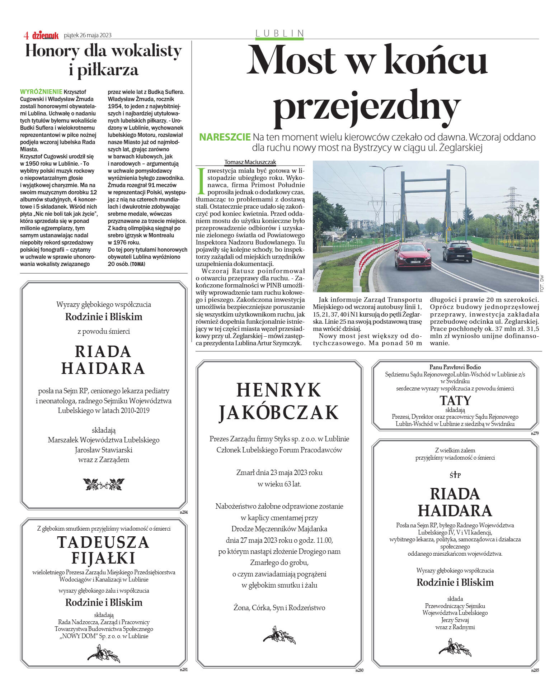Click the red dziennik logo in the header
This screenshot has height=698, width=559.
(45, 35)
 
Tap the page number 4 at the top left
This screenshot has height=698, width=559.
(26, 35)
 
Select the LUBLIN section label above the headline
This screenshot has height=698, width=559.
(279, 33)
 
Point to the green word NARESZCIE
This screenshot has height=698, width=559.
(225, 137)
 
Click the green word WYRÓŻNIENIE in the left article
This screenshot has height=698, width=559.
(41, 92)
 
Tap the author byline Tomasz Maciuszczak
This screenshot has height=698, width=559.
(250, 162)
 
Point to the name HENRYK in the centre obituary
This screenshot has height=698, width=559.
(279, 390)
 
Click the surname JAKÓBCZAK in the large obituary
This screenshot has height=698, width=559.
(279, 412)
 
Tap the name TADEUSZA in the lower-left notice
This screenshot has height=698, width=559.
(103, 542)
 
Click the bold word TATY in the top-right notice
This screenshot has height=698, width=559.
(455, 400)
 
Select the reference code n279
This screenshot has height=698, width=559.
(535, 433)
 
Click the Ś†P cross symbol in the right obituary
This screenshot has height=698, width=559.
(455, 475)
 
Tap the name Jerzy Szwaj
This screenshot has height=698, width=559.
(455, 620)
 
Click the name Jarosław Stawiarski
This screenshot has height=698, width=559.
(103, 450)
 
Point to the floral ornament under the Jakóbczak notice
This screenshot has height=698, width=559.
(279, 636)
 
